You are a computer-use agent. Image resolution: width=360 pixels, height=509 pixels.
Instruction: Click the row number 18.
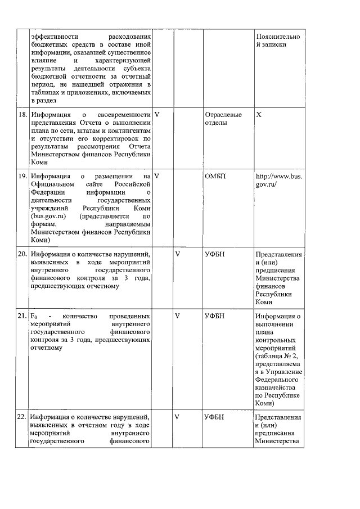23,114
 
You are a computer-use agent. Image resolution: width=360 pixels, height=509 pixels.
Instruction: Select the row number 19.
23,175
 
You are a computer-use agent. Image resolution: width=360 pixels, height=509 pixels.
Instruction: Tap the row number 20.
23,254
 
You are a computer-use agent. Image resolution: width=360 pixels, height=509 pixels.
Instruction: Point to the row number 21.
23,316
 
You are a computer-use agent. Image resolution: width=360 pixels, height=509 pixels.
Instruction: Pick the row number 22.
23,417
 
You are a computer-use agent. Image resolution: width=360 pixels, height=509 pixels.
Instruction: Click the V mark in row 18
157,114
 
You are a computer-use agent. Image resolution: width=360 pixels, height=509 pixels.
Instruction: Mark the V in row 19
157,175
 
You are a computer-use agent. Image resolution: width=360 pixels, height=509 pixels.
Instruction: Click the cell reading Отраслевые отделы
223,118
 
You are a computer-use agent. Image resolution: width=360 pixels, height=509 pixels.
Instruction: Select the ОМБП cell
215,175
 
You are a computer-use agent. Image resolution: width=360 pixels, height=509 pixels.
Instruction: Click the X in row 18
259,114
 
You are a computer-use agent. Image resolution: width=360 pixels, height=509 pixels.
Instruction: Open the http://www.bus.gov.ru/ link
278,179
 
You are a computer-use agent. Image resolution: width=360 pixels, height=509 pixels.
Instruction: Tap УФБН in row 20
215,254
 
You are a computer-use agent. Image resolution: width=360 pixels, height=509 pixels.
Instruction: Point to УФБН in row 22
215,417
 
